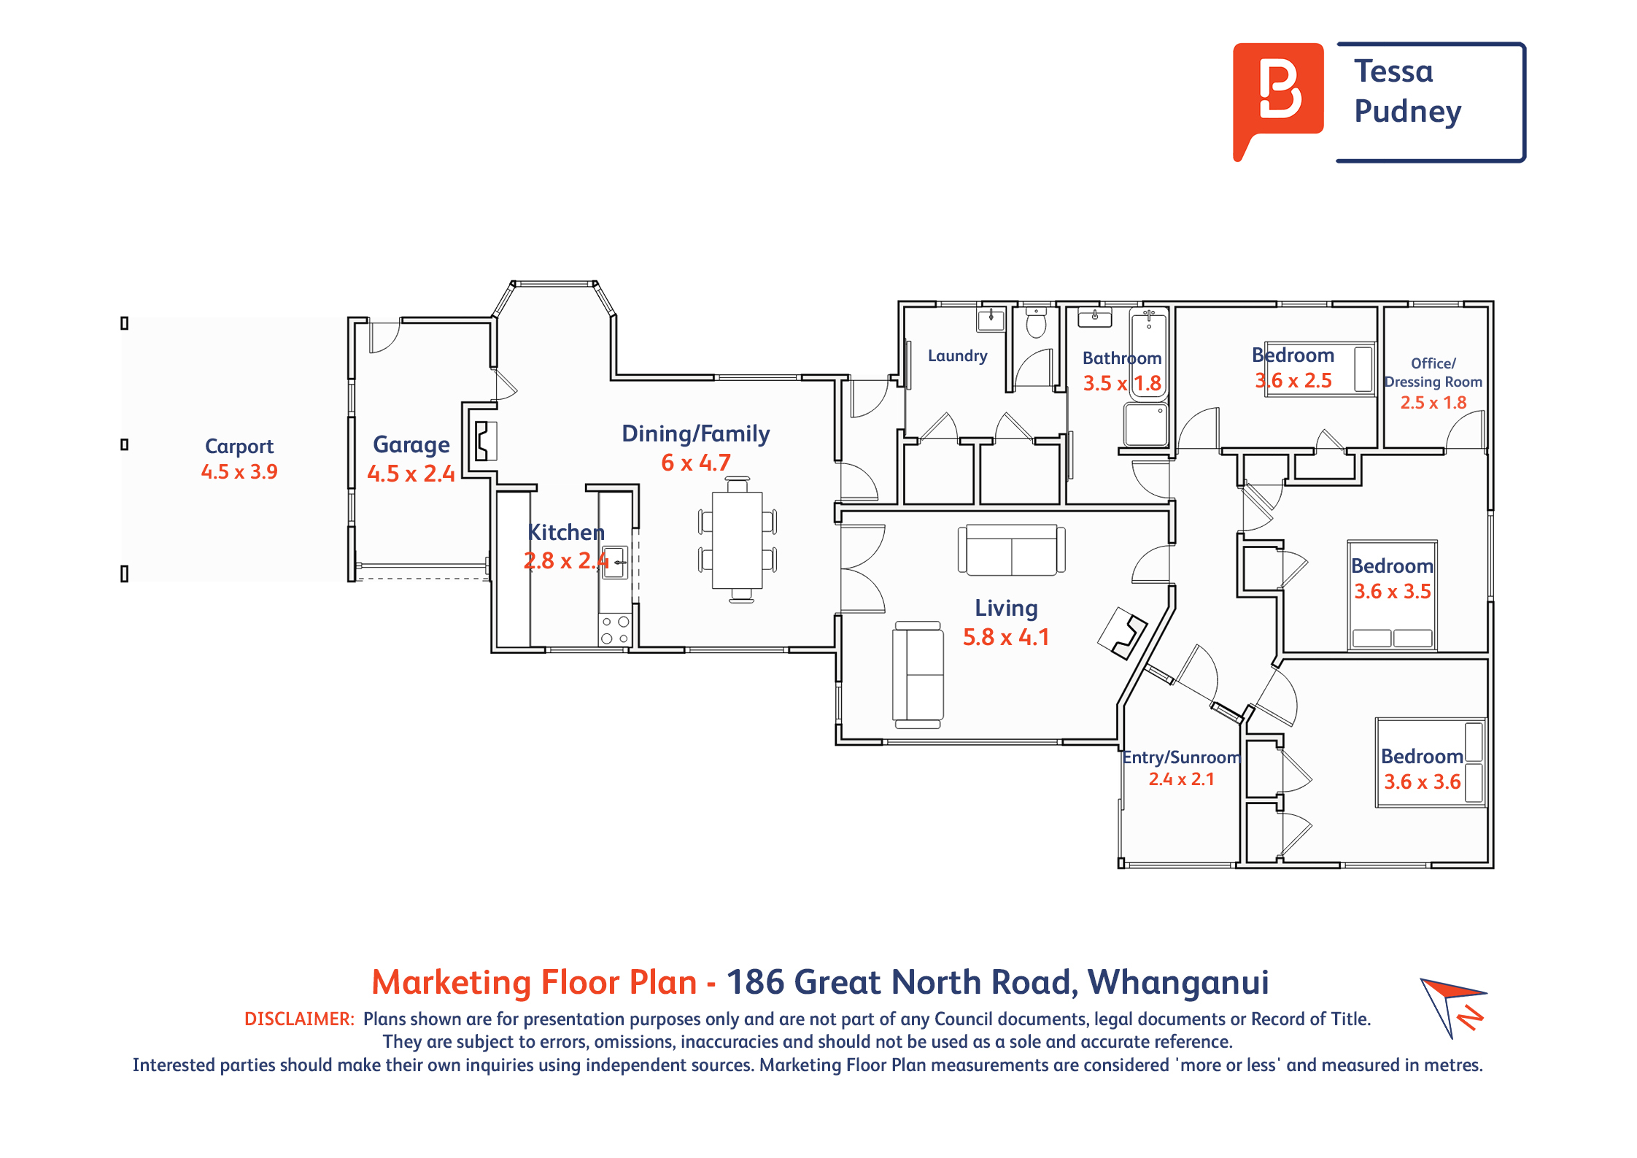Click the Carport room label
click(x=239, y=446)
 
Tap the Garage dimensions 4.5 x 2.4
click(x=411, y=474)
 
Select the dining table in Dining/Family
click(x=737, y=540)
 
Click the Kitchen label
click(x=566, y=532)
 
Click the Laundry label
click(x=957, y=355)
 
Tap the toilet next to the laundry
click(x=1036, y=323)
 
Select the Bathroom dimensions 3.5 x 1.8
click(x=1122, y=383)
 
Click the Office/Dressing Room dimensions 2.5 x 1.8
click(x=1433, y=402)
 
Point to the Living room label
click(x=1006, y=608)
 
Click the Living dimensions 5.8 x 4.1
click(x=1006, y=637)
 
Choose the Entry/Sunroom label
click(x=1181, y=757)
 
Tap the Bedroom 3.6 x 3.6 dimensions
click(x=1422, y=781)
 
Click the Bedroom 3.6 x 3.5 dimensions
click(x=1392, y=591)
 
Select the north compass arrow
click(x=1452, y=1007)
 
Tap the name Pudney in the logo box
click(x=1407, y=112)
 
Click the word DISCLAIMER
click(x=299, y=1019)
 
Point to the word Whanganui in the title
click(x=1178, y=982)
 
